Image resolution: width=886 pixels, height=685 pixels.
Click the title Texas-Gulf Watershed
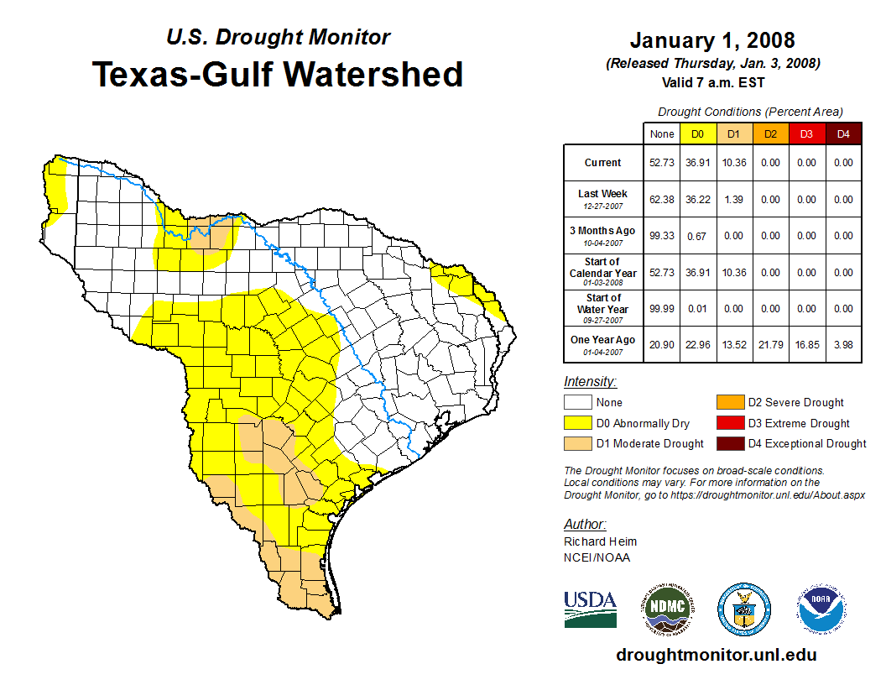[277, 74]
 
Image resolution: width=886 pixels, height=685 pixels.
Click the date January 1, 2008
[712, 40]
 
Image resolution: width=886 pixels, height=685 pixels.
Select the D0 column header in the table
[697, 133]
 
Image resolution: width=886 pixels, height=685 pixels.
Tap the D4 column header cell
[843, 133]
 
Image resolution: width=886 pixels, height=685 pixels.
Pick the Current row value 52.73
[662, 163]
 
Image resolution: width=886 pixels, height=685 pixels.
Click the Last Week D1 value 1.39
[733, 200]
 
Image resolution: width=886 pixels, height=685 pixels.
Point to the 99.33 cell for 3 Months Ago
[662, 236]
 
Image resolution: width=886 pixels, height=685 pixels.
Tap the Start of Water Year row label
[603, 309]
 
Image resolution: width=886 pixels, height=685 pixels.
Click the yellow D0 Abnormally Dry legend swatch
[577, 423]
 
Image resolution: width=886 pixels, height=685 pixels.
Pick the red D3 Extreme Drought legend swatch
[730, 423]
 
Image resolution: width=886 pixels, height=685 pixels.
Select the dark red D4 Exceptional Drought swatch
[730, 443]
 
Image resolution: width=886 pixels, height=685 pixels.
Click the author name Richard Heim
[600, 541]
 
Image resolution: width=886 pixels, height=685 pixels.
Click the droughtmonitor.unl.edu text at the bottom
[716, 655]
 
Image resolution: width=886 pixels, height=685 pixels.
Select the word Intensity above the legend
[590, 382]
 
